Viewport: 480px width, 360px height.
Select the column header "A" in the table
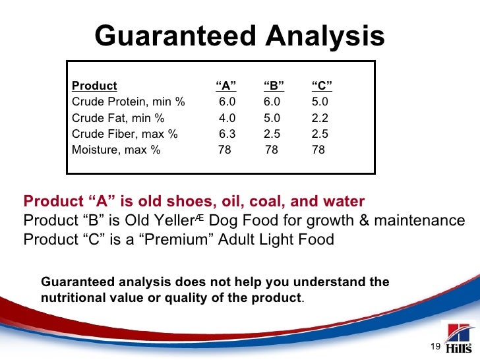226,86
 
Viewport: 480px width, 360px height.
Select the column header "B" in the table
274,86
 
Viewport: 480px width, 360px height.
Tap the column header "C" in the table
321,86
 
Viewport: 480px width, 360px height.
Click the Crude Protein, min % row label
128,102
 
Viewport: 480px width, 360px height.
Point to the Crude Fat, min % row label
117,118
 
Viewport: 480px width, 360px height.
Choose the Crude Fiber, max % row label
124,134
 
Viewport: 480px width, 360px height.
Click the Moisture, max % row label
115,150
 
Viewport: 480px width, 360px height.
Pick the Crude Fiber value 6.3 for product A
227,134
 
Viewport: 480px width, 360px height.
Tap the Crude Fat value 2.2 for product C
319,118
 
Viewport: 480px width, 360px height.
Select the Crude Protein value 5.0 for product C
319,102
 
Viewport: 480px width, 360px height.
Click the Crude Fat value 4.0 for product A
227,118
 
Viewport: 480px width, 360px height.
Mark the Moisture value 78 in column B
271,150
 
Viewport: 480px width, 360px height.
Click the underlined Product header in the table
94,86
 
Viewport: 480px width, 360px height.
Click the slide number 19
435,347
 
